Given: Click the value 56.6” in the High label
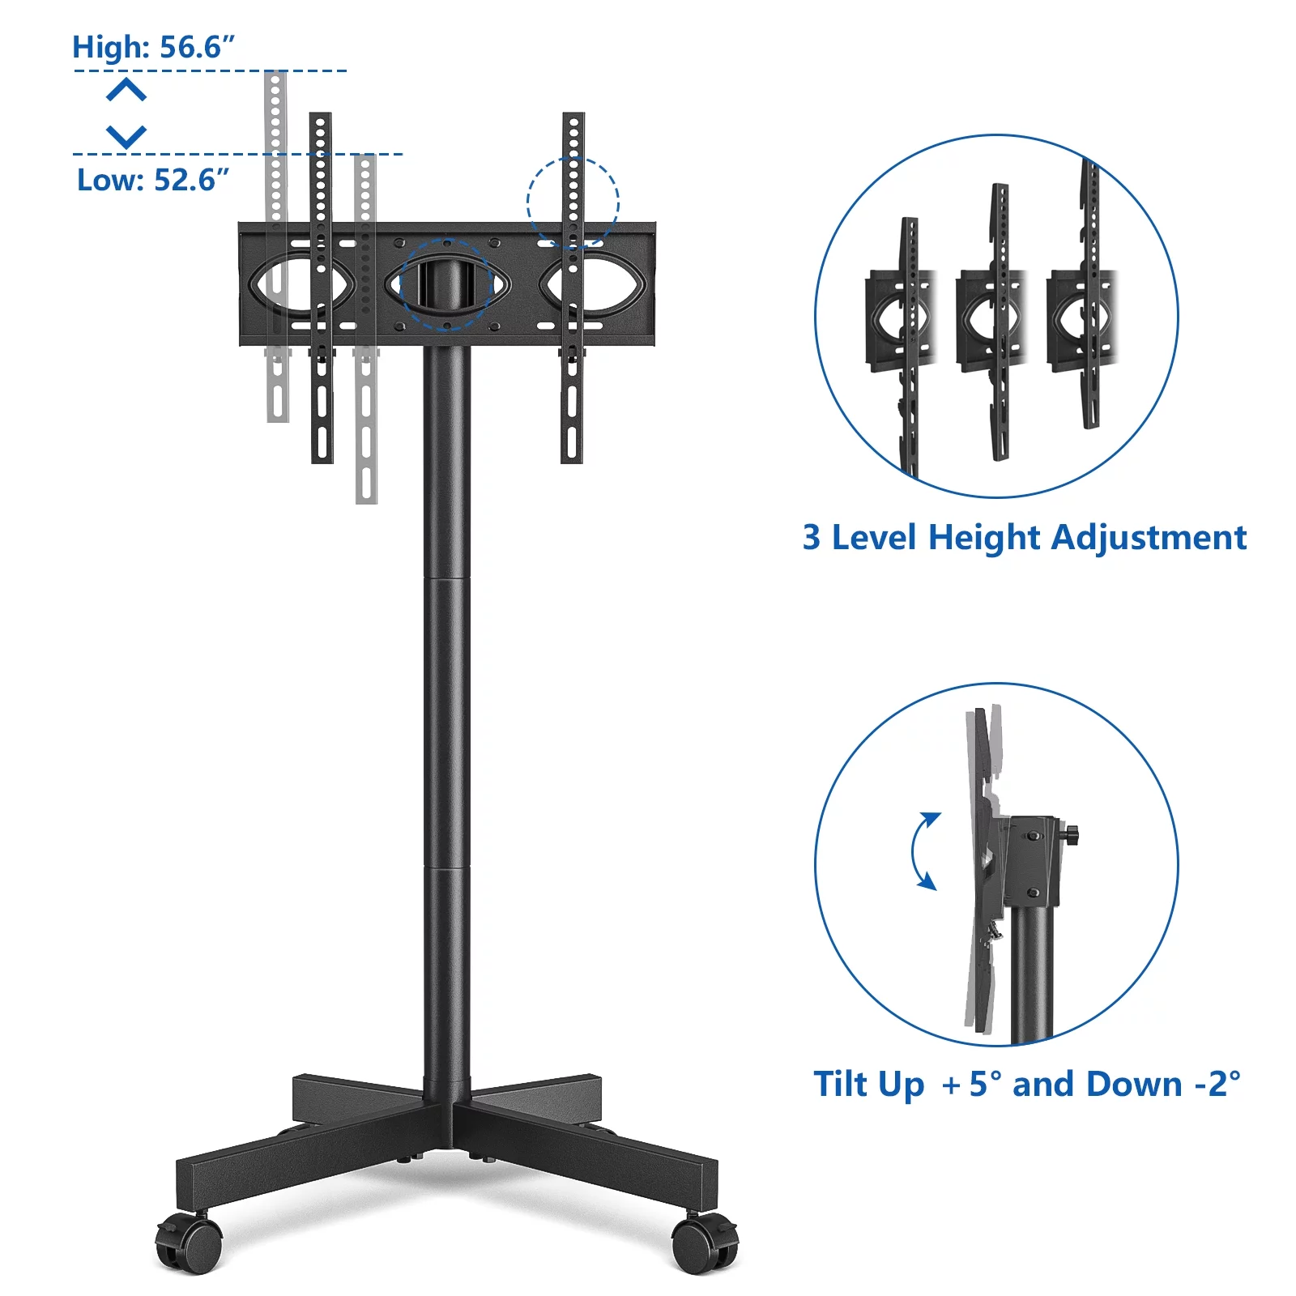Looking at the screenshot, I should [x=197, y=47].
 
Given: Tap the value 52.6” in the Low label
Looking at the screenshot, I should [x=191, y=180].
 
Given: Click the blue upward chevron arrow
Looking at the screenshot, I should [x=126, y=89].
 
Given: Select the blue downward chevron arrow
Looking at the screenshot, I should [x=126, y=135].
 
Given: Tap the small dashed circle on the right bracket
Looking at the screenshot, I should [x=573, y=202].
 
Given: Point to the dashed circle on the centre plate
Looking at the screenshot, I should [x=446, y=283].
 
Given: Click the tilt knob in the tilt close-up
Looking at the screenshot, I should [x=1071, y=834].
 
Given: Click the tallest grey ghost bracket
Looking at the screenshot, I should [x=276, y=243].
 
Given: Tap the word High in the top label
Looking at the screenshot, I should [x=111, y=47].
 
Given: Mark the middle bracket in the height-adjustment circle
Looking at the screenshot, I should [x=1000, y=320].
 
